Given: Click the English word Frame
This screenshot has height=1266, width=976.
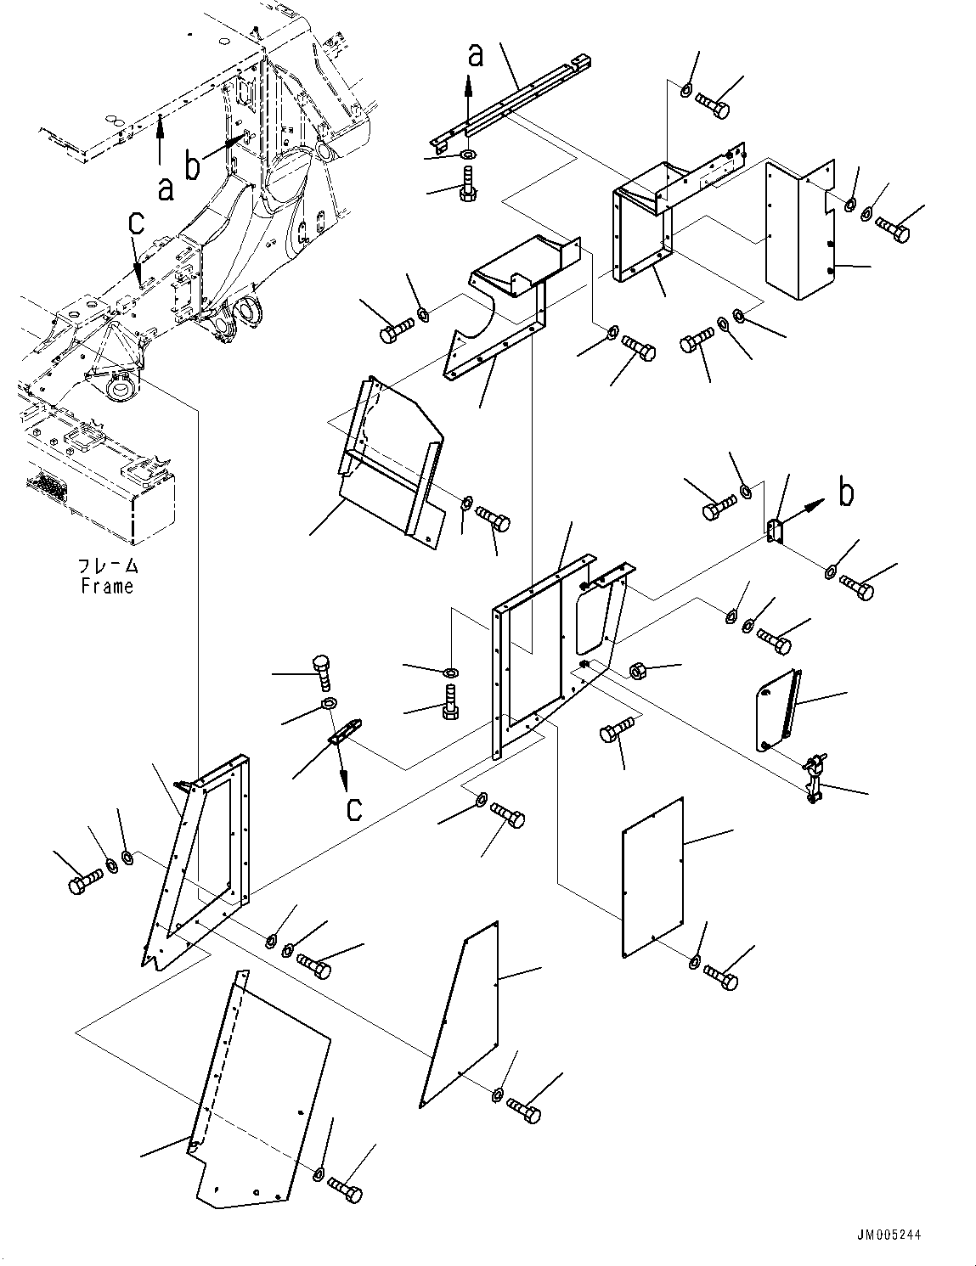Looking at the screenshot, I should click(x=107, y=586).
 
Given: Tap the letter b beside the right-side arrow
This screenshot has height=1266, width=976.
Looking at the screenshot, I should click(x=846, y=492).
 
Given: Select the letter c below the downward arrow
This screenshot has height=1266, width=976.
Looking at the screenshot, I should click(x=354, y=807).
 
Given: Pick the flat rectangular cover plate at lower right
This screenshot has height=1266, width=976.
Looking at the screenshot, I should click(x=652, y=877).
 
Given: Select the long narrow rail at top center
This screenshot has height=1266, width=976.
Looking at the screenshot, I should click(x=510, y=98).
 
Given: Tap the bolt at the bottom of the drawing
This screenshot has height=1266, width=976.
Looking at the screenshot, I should click(x=344, y=1189).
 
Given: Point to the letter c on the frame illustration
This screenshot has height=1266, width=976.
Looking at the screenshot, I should click(x=136, y=226).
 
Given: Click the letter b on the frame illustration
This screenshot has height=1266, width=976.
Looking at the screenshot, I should click(x=194, y=166).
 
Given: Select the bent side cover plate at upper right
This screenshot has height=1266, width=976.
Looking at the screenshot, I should click(x=798, y=229).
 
